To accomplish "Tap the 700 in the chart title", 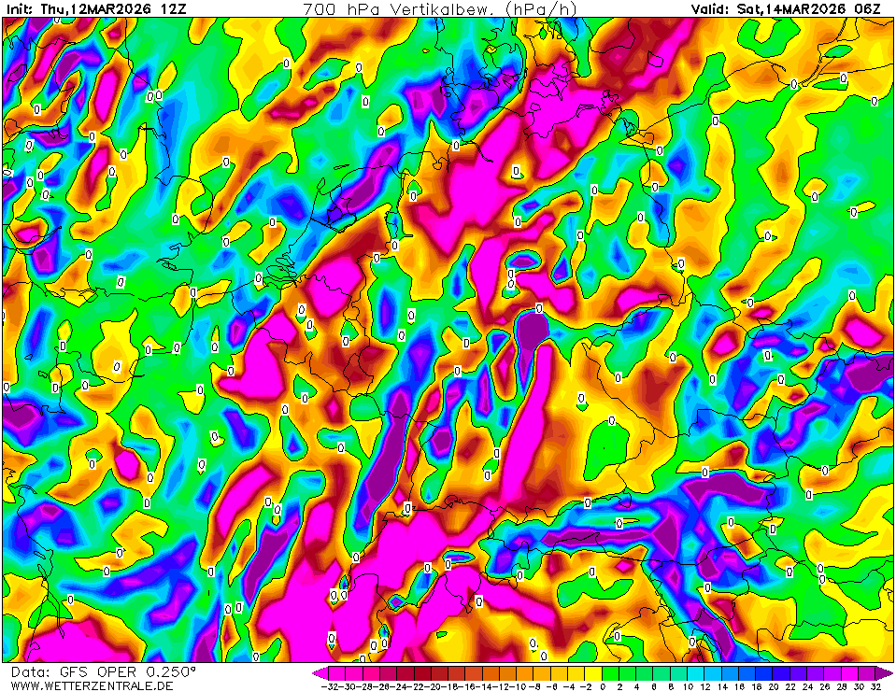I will click(319, 8).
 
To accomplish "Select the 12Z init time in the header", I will click(172, 8).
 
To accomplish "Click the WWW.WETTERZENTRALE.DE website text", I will click(92, 685).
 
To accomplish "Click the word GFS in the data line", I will click(73, 671).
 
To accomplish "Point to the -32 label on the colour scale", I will click(328, 685).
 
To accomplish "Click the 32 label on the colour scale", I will click(875, 685).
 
